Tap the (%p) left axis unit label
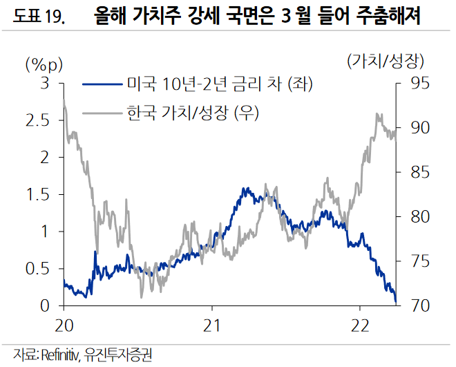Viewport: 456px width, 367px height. [44, 65]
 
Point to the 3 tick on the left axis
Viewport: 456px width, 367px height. [45, 84]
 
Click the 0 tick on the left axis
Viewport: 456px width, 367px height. [45, 305]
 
